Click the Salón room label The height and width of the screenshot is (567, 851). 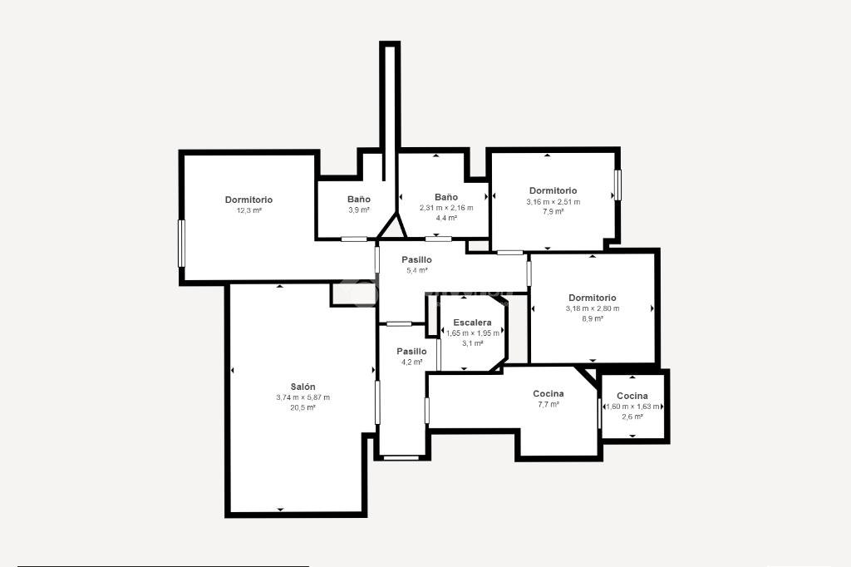303,387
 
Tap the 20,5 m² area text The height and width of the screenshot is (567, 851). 303,408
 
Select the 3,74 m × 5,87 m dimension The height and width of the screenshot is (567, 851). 303,397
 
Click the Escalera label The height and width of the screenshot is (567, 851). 472,323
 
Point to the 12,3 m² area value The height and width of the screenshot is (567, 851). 249,210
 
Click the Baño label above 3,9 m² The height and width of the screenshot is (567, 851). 359,200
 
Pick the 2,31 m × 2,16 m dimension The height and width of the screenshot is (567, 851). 446,208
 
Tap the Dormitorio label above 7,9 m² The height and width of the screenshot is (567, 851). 553,190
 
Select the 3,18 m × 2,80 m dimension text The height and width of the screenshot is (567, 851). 592,308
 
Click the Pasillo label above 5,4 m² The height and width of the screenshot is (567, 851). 417,259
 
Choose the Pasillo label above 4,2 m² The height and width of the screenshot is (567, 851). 411,352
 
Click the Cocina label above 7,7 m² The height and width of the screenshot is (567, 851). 548,394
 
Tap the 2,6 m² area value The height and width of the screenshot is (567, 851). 632,417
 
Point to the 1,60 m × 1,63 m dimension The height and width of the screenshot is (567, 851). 632,407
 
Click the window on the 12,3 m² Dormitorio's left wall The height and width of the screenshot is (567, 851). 182,244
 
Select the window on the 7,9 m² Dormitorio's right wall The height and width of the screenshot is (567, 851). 617,185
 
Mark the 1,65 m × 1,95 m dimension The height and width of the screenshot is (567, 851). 473,333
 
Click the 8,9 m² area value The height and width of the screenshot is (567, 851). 592,318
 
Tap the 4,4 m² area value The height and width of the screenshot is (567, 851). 446,219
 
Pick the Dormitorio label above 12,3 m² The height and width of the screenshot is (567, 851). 249,200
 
